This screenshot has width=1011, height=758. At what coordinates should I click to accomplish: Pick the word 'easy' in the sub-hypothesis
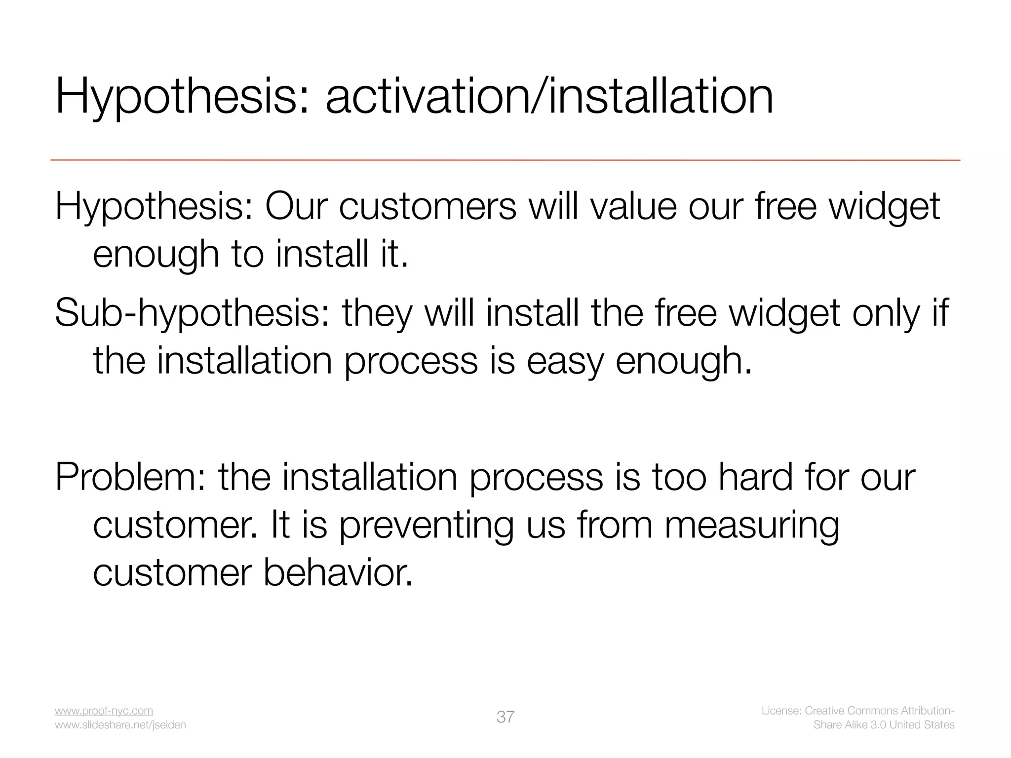(565, 361)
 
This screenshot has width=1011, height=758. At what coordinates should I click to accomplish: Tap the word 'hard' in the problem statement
(755, 477)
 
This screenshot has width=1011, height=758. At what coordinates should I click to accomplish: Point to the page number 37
(505, 717)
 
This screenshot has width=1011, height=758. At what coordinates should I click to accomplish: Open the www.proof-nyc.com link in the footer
(104, 711)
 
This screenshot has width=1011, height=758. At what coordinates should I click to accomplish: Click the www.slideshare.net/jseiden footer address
(120, 725)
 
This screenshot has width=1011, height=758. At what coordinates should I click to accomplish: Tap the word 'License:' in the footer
(781, 711)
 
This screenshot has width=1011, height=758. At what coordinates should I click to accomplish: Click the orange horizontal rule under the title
(505, 160)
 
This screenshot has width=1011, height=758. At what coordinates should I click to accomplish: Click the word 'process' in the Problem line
(536, 477)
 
